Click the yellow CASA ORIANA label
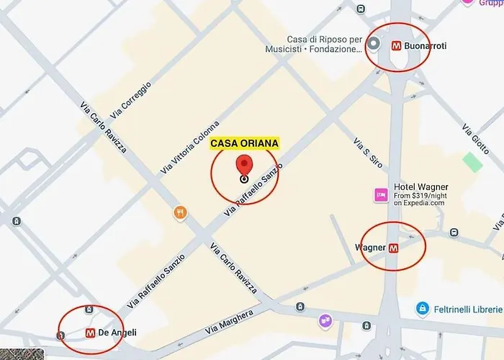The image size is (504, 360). [244, 143]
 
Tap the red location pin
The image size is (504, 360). [245, 166]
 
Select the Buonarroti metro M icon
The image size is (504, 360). [396, 45]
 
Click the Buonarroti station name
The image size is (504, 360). [426, 45]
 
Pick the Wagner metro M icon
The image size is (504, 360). [393, 248]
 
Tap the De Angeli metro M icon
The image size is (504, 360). [91, 333]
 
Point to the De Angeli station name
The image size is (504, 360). [118, 333]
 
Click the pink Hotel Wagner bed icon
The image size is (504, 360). [381, 194]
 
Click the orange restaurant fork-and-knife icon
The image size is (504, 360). [179, 212]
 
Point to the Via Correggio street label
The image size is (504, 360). [131, 102]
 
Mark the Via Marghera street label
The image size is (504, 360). [229, 323]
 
